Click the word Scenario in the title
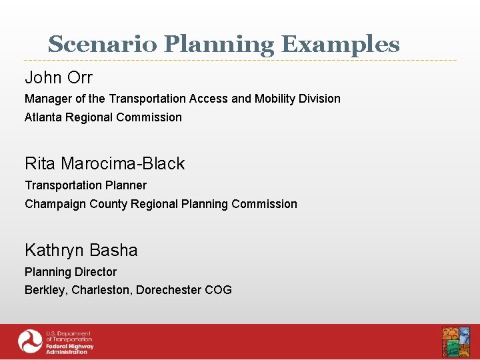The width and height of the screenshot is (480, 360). tap(103, 45)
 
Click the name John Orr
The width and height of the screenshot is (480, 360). tap(59, 77)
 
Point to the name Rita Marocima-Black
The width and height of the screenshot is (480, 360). tap(105, 163)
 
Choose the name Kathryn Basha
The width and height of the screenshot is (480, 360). tap(81, 250)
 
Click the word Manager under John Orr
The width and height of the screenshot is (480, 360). tap(47, 99)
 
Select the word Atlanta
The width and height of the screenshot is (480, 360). tap(43, 117)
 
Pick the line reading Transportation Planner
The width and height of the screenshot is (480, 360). tap(85, 185)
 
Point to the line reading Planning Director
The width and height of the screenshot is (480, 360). tap(71, 272)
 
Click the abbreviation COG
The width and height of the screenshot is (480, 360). tap(218, 290)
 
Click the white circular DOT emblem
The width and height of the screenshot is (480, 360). tap(30, 342)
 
